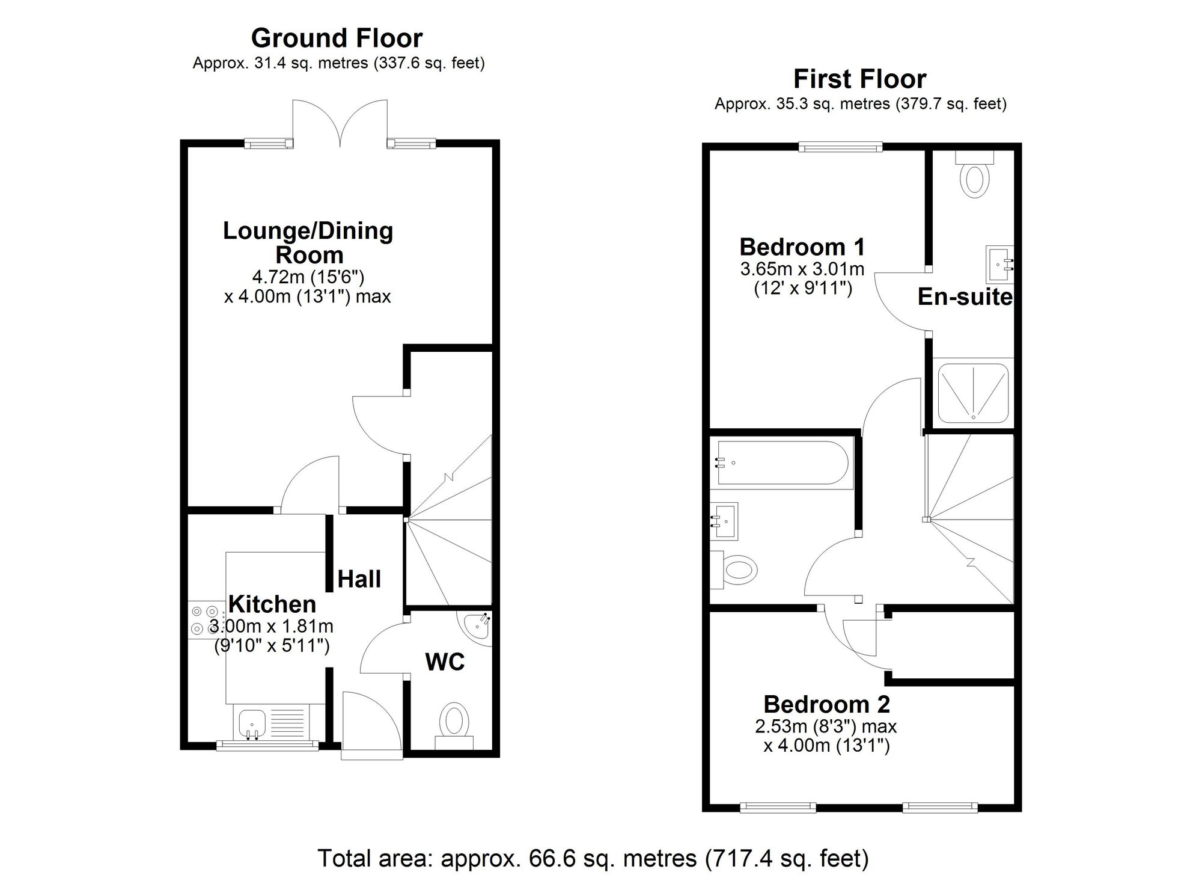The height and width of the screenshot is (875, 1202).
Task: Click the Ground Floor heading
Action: tap(337, 38)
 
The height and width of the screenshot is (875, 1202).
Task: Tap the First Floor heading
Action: tap(859, 79)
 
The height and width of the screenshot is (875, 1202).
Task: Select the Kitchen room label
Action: tap(272, 604)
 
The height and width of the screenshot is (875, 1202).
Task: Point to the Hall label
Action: tap(359, 579)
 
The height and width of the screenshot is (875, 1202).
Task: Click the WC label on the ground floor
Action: tap(445, 662)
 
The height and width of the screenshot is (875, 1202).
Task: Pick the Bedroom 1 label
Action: tap(802, 247)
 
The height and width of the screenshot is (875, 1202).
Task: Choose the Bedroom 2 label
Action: tap(826, 704)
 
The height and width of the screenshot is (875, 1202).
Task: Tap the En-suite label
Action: tap(965, 297)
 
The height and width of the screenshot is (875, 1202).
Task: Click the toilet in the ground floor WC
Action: tap(454, 721)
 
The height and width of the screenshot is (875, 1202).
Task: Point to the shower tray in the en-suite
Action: tap(972, 391)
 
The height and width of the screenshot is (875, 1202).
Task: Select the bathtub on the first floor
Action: tap(779, 462)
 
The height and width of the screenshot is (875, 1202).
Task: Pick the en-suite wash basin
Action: tap(999, 263)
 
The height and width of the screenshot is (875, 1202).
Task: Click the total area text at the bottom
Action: tap(593, 858)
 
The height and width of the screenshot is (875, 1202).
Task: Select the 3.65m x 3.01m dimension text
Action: tap(802, 268)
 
